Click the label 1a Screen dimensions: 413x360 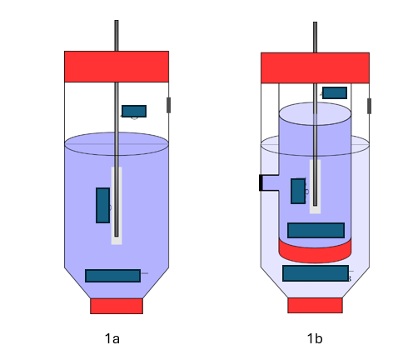(112, 338)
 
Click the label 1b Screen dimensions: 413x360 (315, 338)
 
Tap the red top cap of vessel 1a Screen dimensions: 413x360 (117, 67)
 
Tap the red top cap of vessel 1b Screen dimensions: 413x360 (315, 67)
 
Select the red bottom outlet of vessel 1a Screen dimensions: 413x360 (117, 306)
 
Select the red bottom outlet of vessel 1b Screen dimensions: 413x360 (315, 305)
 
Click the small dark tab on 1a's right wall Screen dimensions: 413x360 (168, 105)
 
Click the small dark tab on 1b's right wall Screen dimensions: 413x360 (369, 106)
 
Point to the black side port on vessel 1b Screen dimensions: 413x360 (261, 182)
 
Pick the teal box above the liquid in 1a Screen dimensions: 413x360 (134, 111)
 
